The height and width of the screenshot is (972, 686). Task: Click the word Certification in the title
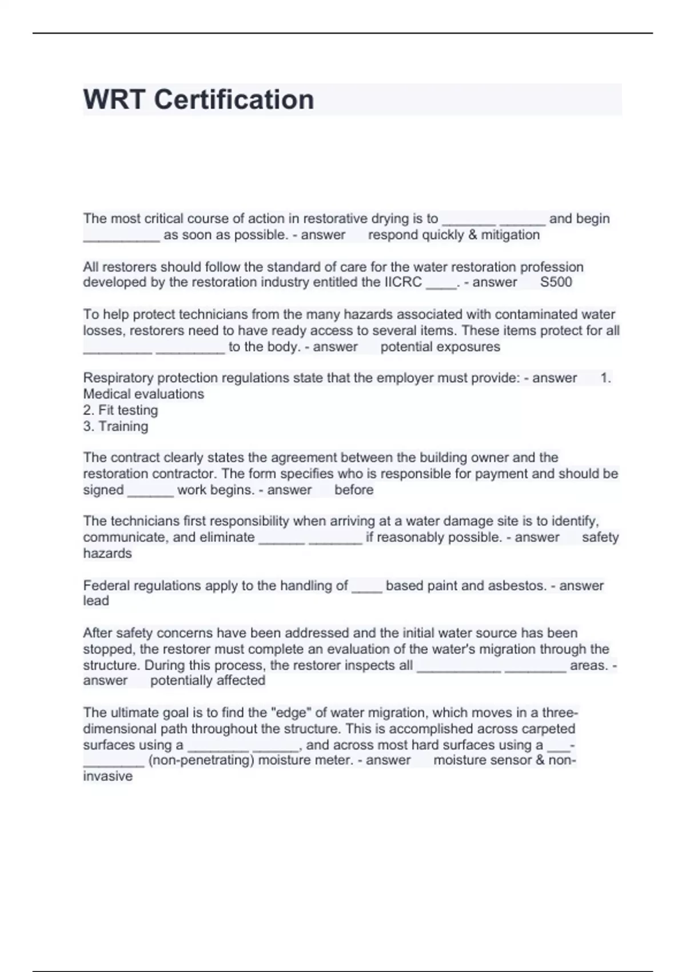pyautogui.click(x=234, y=99)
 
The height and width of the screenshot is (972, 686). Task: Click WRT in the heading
pyautogui.click(x=114, y=99)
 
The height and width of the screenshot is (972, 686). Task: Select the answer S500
pyautogui.click(x=556, y=282)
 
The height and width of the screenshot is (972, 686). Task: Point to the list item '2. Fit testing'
pyautogui.click(x=121, y=410)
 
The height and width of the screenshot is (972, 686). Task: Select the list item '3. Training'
pyautogui.click(x=115, y=426)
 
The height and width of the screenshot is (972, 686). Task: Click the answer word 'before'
pyautogui.click(x=354, y=489)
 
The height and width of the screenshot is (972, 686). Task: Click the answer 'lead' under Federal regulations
pyautogui.click(x=95, y=600)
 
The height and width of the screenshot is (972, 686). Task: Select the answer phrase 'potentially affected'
pyautogui.click(x=208, y=680)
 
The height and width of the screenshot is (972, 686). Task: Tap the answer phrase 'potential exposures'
pyautogui.click(x=440, y=346)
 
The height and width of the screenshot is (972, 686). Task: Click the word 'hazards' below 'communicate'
pyautogui.click(x=107, y=553)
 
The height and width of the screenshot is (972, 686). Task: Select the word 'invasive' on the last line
pyautogui.click(x=107, y=776)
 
